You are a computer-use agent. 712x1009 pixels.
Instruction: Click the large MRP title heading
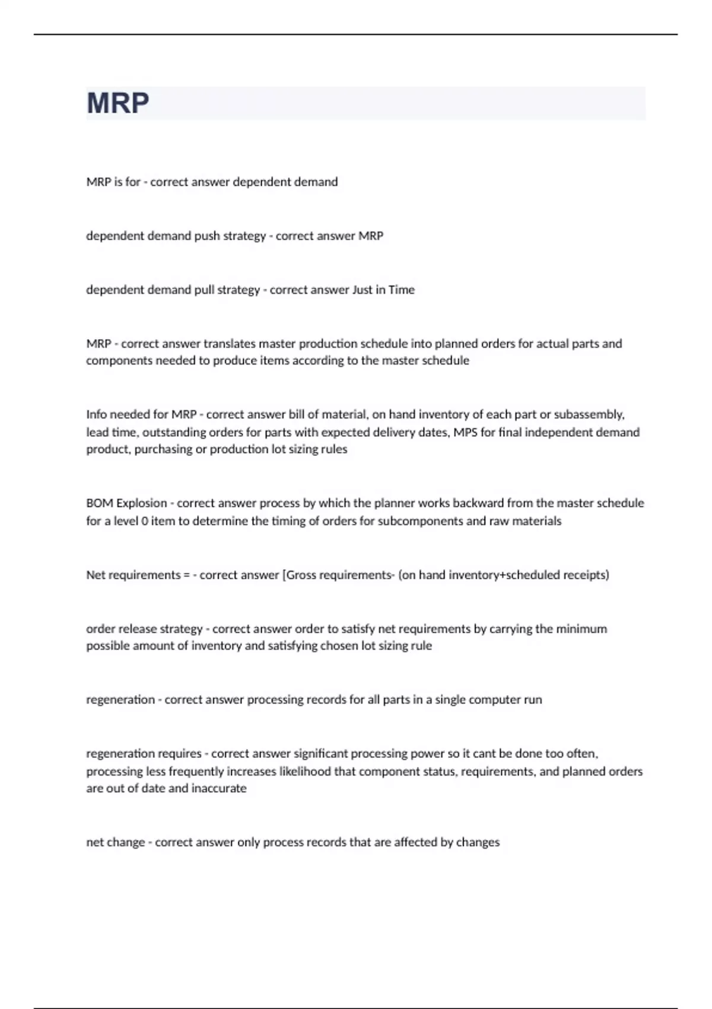point(117,103)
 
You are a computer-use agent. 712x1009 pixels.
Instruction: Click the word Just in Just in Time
point(362,290)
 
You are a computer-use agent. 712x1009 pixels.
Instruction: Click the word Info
point(96,414)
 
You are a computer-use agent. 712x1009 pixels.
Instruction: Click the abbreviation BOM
point(100,503)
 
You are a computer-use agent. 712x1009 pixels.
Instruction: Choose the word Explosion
point(142,503)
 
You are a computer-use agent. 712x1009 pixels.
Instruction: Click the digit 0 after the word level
point(145,521)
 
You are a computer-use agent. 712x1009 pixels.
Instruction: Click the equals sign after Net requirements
point(187,575)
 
